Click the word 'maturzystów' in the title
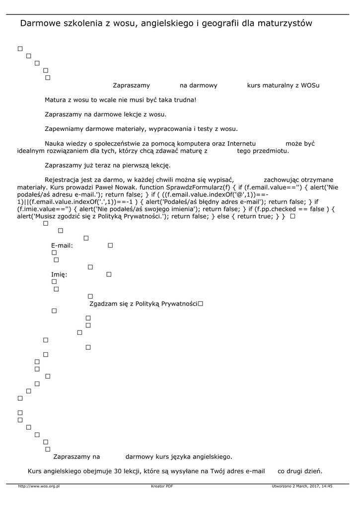[284, 23]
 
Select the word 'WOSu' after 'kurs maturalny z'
[310, 85]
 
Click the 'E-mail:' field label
[62, 246]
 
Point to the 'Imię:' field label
[59, 274]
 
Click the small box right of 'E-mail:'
[110, 245]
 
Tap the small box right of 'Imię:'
[109, 274]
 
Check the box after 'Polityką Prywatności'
[201, 303]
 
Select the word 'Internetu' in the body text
[241, 143]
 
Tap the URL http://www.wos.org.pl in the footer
[39, 487]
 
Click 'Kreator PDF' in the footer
[162, 487]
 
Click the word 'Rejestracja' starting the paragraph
[61, 180]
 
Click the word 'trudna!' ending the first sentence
[185, 100]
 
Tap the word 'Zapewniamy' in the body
[64, 129]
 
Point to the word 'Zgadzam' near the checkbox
[102, 303]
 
